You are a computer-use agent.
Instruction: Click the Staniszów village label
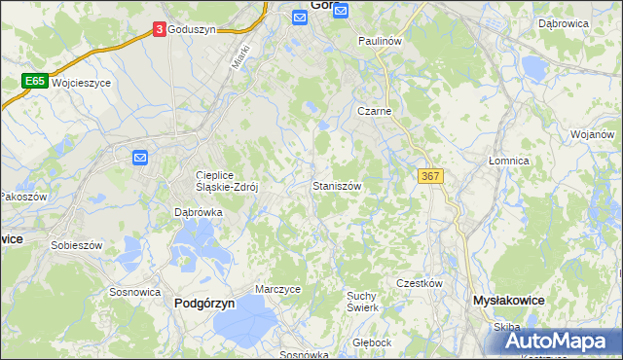pos(338,185)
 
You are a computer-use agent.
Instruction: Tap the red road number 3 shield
pos(159,30)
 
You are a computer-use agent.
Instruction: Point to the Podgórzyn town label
pos(204,304)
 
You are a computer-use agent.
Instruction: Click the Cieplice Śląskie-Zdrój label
pos(225,182)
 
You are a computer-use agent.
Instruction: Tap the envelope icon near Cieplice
pos(140,157)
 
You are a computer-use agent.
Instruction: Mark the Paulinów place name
pos(380,42)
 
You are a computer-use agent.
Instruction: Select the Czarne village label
pos(374,111)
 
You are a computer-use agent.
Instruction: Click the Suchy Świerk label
pos(363,301)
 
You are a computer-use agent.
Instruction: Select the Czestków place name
pos(420,283)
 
